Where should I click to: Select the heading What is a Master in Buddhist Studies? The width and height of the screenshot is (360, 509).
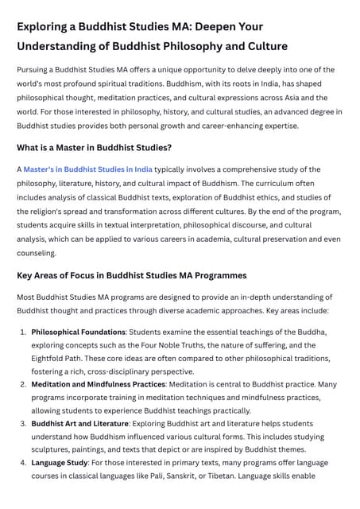tap(94, 147)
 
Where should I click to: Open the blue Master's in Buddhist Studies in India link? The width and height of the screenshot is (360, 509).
tap(87, 169)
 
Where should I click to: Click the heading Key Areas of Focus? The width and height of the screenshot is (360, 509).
tap(132, 275)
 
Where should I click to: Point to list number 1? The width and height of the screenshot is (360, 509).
tap(23, 332)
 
